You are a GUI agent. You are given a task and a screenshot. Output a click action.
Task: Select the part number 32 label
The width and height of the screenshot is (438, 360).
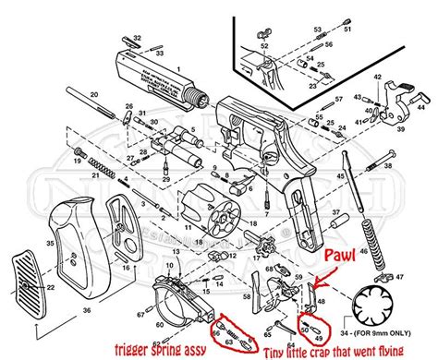coord(138,38)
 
